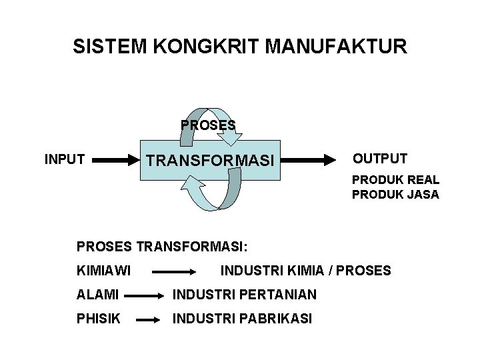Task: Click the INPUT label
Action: click(64, 159)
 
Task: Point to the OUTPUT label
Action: click(380, 159)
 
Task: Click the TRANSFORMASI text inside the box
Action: click(210, 161)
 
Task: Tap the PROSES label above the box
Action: click(208, 125)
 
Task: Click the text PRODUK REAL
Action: click(395, 180)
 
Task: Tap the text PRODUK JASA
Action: click(395, 195)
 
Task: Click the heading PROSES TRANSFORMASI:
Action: click(162, 247)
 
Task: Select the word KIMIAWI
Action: click(103, 271)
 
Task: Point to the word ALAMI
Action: click(97, 295)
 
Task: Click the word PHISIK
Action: click(99, 319)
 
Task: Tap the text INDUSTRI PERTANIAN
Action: click(245, 295)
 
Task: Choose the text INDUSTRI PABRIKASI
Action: click(242, 319)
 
